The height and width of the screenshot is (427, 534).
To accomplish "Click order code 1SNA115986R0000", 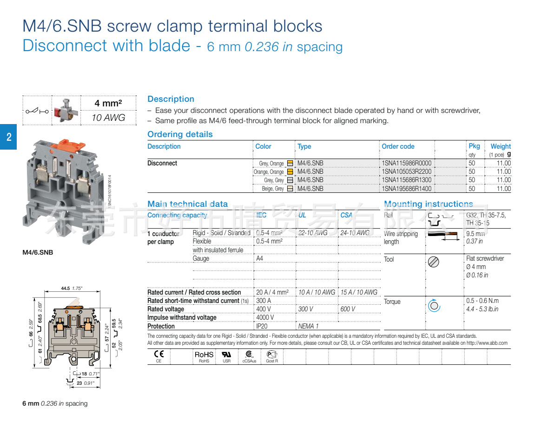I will tap(406, 163).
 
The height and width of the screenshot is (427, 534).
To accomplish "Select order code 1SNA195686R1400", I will tap(406, 189).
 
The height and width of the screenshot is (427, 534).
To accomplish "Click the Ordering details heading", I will tap(180, 134).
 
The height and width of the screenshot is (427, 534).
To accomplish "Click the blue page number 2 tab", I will tap(8, 137).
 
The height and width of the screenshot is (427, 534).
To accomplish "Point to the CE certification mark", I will tap(158, 354).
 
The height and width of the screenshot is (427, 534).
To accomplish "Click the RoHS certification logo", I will tap(204, 355).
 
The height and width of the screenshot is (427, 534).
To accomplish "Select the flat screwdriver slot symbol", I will tap(433, 262).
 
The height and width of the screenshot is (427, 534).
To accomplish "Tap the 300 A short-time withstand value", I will tap(264, 301).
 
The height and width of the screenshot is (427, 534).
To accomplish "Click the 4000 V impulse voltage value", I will tap(265, 317).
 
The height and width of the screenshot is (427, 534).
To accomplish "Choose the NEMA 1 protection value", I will tap(308, 326).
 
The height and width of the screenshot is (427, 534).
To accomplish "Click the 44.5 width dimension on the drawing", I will tap(65, 289).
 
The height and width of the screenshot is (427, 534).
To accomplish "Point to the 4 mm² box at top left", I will tap(108, 103).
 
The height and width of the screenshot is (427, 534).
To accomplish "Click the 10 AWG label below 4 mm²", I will tap(108, 118).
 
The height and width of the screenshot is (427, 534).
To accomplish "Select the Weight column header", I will tap(500, 146).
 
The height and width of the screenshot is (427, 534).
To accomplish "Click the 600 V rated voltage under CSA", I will tap(348, 309).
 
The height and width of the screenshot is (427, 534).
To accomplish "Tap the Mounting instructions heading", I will tap(428, 204).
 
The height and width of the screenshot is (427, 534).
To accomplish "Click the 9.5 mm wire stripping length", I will tap(475, 234).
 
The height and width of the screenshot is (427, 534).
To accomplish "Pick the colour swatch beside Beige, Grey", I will tap(290, 189).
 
